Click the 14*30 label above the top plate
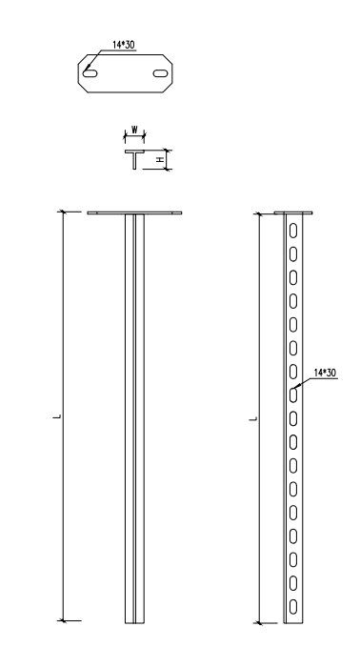tap(124, 45)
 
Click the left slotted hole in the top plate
tap(90, 73)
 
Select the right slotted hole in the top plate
tap(160, 73)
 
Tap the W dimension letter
tap(134, 130)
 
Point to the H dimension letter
tap(160, 159)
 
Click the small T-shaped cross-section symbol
tap(135, 159)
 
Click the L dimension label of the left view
tap(58, 416)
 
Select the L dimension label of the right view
tap(254, 419)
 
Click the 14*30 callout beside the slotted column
tap(325, 373)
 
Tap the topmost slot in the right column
tap(293, 231)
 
